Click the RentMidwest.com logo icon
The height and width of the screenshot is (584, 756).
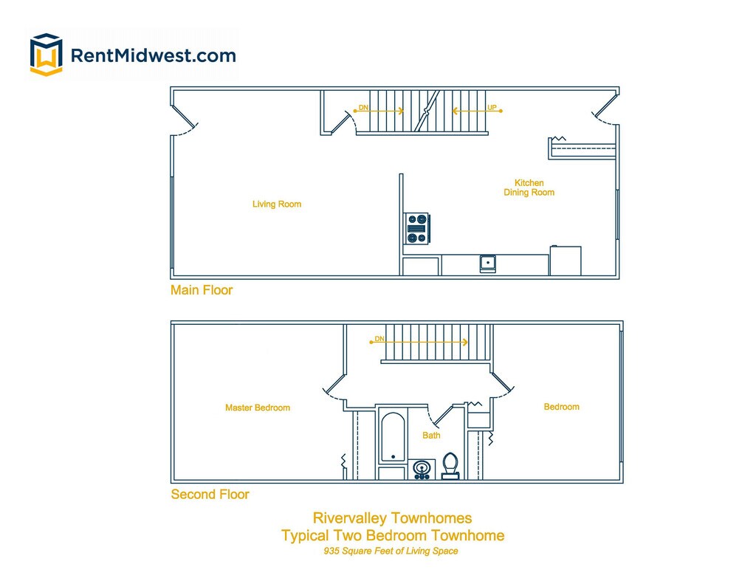click(46, 54)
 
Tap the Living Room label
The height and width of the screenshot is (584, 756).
click(277, 205)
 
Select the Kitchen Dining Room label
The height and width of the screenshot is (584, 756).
click(529, 188)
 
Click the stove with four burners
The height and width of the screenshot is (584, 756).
click(417, 228)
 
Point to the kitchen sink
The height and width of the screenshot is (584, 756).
click(488, 263)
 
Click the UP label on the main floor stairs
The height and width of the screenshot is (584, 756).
click(492, 108)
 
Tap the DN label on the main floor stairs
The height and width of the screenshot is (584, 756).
click(363, 108)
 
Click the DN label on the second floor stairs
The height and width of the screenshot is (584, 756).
click(379, 339)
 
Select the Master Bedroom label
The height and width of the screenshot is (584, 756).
click(258, 408)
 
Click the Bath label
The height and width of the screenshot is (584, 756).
click(431, 436)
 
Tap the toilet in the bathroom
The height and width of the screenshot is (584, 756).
click(450, 466)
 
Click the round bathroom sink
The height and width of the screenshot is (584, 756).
click(422, 469)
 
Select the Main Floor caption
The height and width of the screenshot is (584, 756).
click(202, 290)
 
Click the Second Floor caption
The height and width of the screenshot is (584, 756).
click(210, 495)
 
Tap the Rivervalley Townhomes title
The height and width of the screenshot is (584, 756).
click(392, 518)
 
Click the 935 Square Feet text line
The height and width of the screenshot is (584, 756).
click(391, 551)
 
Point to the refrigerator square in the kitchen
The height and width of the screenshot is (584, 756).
click(566, 261)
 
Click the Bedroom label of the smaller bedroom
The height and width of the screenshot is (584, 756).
click(561, 407)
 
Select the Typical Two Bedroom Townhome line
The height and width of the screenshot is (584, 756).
click(393, 535)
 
